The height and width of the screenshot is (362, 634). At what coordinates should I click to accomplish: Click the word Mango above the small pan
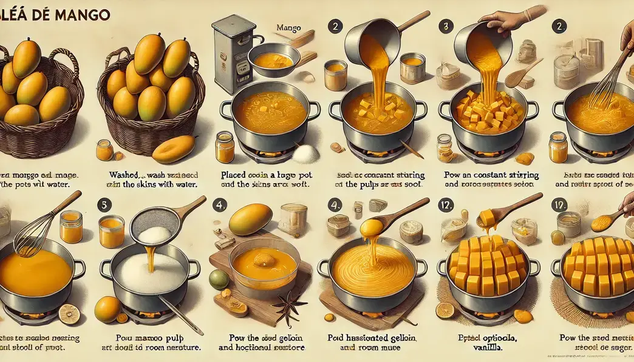coord(288,28)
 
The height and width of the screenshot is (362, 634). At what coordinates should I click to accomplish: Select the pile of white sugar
coord(306,154)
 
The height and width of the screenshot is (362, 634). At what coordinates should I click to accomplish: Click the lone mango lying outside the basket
coord(174,149)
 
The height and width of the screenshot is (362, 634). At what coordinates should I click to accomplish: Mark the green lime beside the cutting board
coord(219,279)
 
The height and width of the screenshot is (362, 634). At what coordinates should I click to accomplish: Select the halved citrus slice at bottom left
coord(69,313)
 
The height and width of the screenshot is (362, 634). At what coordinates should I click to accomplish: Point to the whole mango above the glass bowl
coord(250,219)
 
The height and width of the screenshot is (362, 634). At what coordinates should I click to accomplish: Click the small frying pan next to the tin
coord(273,59)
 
